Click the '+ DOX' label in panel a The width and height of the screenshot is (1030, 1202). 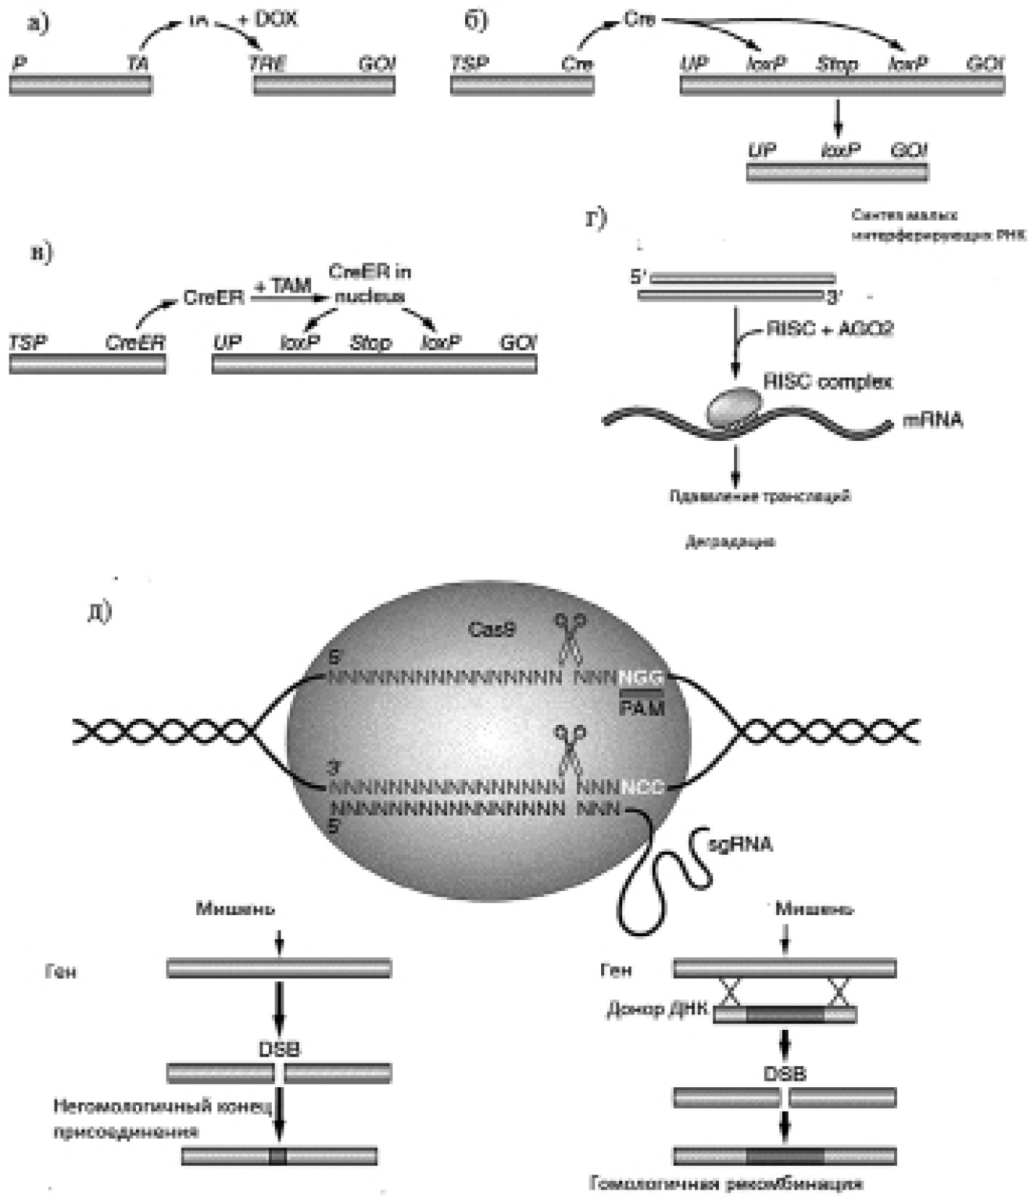pyautogui.click(x=268, y=20)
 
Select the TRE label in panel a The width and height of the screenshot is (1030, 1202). pyautogui.click(x=267, y=64)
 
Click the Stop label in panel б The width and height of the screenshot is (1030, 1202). pyautogui.click(x=837, y=65)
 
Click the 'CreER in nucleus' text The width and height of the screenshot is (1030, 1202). pyautogui.click(x=370, y=283)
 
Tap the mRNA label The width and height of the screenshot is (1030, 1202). pyautogui.click(x=933, y=420)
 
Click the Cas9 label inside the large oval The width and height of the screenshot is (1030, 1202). pyautogui.click(x=491, y=629)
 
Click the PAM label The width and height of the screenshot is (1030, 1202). pyautogui.click(x=642, y=708)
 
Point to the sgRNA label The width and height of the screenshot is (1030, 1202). pyautogui.click(x=740, y=844)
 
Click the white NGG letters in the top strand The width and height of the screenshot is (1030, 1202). pyautogui.click(x=641, y=678)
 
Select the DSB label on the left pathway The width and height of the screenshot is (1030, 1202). pyautogui.click(x=279, y=1049)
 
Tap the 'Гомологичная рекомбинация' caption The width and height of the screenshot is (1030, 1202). pyautogui.click(x=726, y=1184)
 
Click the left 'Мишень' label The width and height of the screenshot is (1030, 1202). pyautogui.click(x=235, y=909)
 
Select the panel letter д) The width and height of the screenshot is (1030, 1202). pyautogui.click(x=100, y=612)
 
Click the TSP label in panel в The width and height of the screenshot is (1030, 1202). pyautogui.click(x=27, y=342)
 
